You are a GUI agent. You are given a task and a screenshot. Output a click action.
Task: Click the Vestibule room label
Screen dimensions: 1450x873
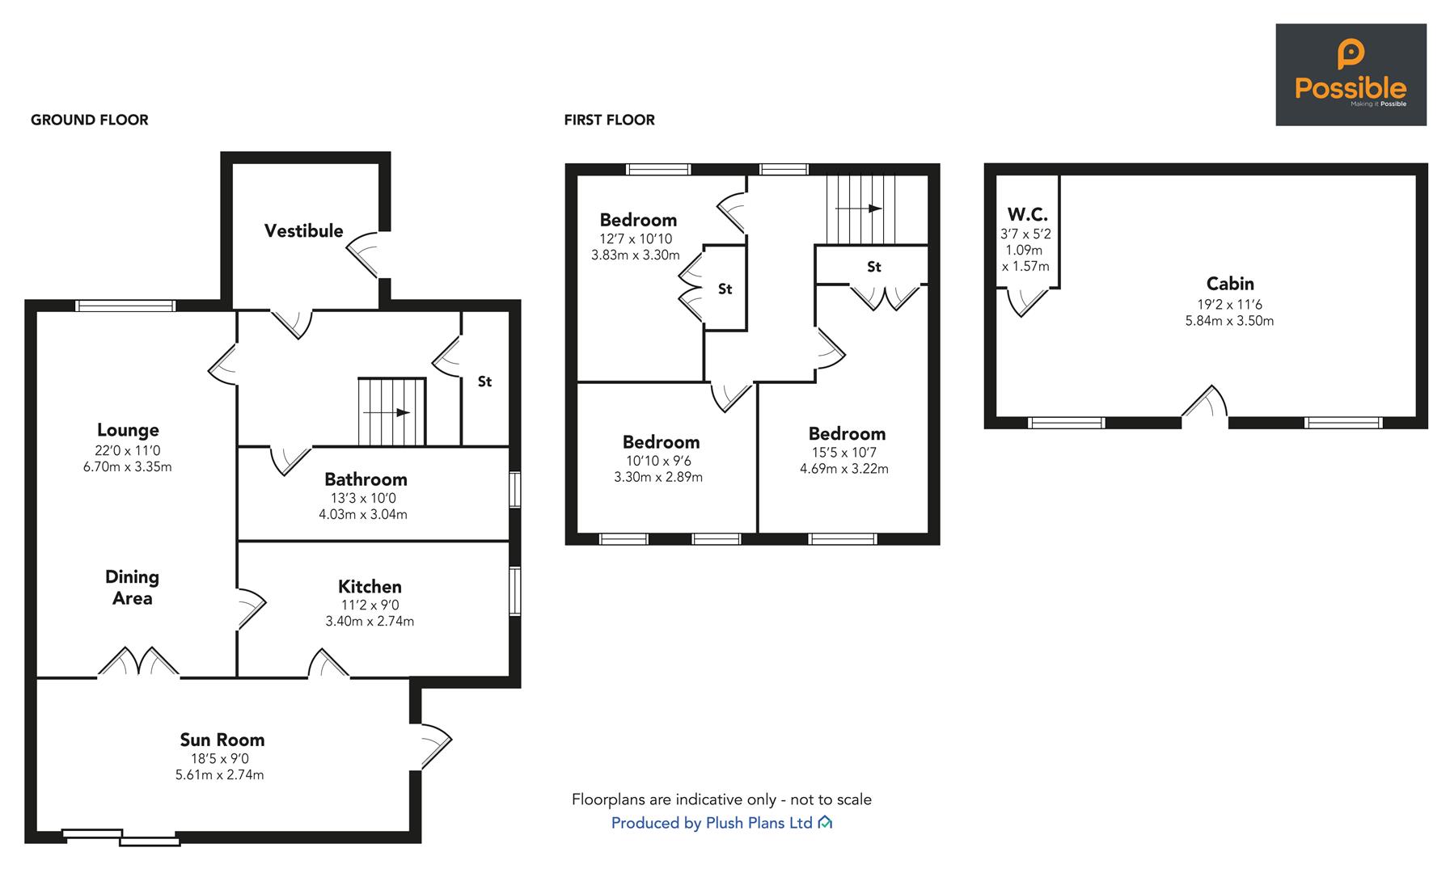(303, 231)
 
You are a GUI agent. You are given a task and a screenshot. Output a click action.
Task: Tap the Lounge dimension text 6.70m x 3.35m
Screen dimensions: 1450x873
(128, 467)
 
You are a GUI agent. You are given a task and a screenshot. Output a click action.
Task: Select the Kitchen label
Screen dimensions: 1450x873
(370, 587)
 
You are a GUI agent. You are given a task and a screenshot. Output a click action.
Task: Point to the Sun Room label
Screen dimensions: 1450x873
(222, 740)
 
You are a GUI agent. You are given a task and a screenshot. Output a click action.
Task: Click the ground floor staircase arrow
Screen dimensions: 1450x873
(387, 412)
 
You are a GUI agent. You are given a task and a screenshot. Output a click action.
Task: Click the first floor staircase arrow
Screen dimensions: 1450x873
(858, 209)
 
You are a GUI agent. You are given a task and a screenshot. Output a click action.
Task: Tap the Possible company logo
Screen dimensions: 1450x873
(1351, 74)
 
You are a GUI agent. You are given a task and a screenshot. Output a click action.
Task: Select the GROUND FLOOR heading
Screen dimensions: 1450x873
(90, 120)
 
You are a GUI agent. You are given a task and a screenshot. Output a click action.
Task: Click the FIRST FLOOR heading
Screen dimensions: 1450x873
(610, 120)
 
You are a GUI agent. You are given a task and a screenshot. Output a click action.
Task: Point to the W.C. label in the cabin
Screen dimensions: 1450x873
(1027, 215)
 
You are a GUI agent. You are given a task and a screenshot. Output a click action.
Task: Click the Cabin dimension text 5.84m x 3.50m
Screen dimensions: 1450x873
(1229, 321)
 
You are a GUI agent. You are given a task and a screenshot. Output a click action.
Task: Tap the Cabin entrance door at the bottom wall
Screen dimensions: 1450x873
(1205, 404)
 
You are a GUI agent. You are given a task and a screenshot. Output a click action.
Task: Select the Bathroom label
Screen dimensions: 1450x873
(366, 479)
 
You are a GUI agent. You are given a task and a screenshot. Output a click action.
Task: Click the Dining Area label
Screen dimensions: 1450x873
(132, 588)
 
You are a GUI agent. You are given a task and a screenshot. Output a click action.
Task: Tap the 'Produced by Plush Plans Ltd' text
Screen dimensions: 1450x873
(712, 823)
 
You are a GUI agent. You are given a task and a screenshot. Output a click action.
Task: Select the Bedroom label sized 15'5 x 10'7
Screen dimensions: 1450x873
(847, 434)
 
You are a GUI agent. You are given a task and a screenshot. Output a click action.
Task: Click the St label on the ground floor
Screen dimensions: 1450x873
(484, 382)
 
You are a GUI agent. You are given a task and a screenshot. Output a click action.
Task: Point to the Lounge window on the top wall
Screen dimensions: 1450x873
(125, 306)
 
